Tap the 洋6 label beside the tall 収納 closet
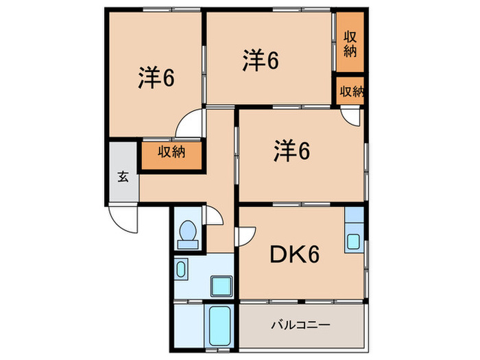click(x=259, y=62)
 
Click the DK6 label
click(x=293, y=256)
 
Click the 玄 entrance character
click(x=123, y=177)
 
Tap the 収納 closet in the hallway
click(x=172, y=152)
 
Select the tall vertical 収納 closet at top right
click(x=350, y=44)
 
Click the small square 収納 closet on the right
click(x=350, y=91)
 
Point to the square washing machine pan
click(x=221, y=285)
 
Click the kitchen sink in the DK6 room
click(x=353, y=241)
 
